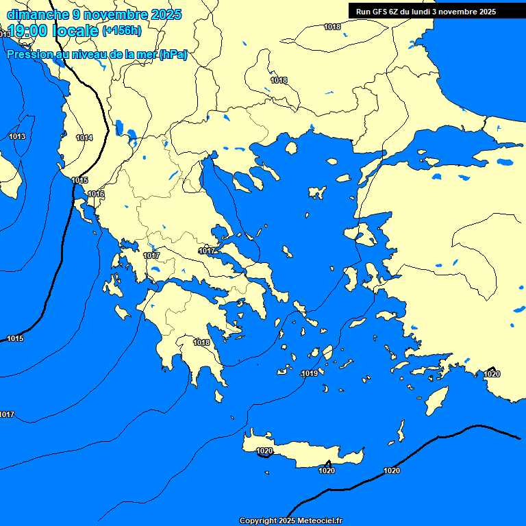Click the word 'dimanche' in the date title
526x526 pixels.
click(36, 14)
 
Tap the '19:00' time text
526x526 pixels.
click(27, 31)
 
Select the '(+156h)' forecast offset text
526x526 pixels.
click(122, 30)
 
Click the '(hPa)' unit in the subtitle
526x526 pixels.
click(173, 54)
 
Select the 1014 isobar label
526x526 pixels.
click(84, 138)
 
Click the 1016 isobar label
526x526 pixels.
click(96, 194)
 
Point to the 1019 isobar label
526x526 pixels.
click(310, 373)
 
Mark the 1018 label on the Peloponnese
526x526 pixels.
click(201, 342)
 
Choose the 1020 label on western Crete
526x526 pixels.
click(264, 451)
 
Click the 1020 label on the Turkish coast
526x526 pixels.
click(492, 373)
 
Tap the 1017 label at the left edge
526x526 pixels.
click(7, 414)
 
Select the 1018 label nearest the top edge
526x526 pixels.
click(332, 27)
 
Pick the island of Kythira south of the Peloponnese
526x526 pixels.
click(220, 397)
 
